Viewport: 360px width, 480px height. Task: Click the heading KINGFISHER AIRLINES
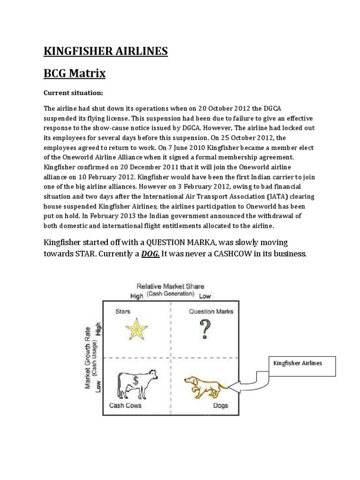pos(105,51)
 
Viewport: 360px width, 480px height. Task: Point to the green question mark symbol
pos(204,330)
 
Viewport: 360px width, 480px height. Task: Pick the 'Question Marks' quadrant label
pos(211,311)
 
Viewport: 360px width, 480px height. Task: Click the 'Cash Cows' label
pos(125,405)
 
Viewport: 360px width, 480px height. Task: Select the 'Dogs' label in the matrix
pos(220,405)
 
